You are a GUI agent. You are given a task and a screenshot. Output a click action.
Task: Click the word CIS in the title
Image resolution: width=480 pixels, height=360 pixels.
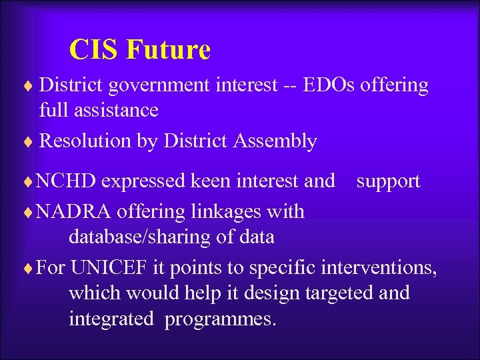pos(93,50)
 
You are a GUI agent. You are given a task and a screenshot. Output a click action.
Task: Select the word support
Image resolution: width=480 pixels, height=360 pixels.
pos(388,181)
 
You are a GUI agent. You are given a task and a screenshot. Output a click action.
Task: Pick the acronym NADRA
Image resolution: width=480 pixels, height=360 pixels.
pos(73,212)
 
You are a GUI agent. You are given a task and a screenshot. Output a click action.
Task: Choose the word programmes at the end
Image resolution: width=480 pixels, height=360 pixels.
pos(219,319)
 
